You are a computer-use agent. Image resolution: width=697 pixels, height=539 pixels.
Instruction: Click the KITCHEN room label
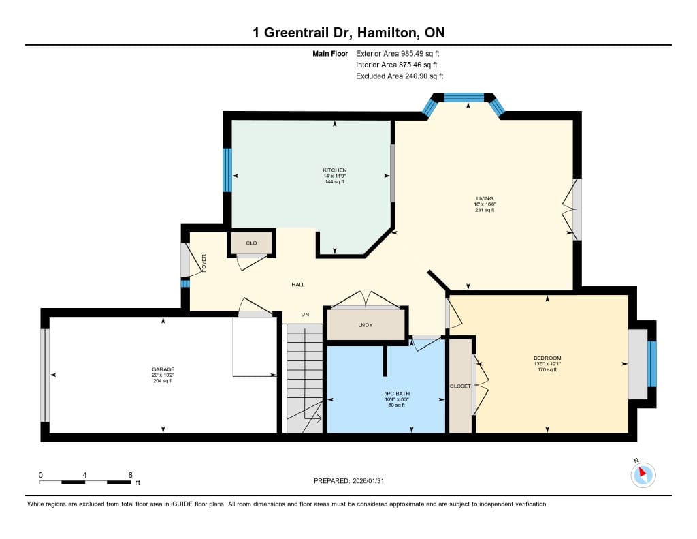(334, 170)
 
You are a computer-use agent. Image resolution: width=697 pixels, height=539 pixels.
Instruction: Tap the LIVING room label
(485, 198)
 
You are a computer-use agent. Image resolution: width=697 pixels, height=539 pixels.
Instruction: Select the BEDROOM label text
(547, 358)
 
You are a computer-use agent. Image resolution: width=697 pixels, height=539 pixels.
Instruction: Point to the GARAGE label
(163, 369)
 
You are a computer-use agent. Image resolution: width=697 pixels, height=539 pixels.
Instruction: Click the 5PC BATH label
(397, 393)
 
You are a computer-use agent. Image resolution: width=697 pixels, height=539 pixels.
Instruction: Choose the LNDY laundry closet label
(365, 325)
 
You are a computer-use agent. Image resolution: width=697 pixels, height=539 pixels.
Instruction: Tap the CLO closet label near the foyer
(251, 243)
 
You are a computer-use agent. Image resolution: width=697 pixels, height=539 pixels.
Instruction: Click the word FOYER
(204, 263)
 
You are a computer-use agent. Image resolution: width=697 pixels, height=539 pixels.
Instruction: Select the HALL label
(298, 284)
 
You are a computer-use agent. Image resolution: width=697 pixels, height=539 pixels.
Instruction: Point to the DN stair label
(305, 315)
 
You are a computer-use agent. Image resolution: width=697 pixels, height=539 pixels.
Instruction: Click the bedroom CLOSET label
(460, 386)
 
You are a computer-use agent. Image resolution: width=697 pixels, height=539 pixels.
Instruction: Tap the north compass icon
(643, 474)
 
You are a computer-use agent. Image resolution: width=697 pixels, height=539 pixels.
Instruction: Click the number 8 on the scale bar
(130, 475)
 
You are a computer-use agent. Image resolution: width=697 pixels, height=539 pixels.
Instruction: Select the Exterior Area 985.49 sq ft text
(398, 53)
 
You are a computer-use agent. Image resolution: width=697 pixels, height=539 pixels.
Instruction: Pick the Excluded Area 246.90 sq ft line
(399, 76)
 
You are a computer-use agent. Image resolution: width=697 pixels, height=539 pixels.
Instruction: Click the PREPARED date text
(348, 480)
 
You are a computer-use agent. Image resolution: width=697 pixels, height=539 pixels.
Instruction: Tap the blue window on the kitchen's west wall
(227, 170)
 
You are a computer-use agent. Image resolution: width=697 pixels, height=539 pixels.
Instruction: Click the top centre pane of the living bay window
(464, 97)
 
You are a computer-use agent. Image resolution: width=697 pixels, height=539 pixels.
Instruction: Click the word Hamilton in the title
(387, 33)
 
